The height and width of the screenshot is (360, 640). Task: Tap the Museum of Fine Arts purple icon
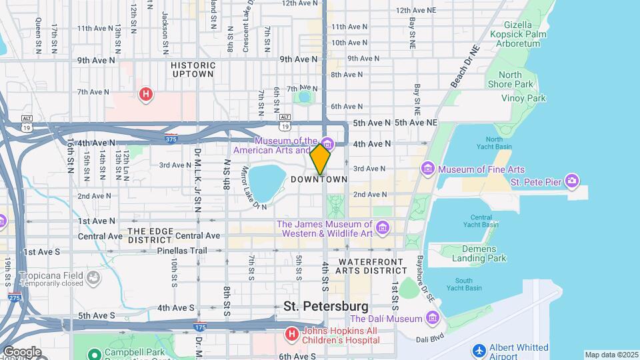[428, 170]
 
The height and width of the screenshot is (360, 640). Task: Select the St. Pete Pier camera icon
[571, 181]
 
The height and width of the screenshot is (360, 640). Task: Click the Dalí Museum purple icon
[433, 319]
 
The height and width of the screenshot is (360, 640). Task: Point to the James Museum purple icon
[383, 229]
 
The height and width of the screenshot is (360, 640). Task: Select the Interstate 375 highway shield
[171, 139]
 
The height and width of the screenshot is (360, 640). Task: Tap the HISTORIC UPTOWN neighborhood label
[193, 70]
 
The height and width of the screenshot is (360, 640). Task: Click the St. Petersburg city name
[326, 306]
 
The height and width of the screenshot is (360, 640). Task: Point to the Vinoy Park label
[523, 98]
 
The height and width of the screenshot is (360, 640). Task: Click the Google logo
[21, 352]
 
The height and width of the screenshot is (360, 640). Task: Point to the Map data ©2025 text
[611, 355]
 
